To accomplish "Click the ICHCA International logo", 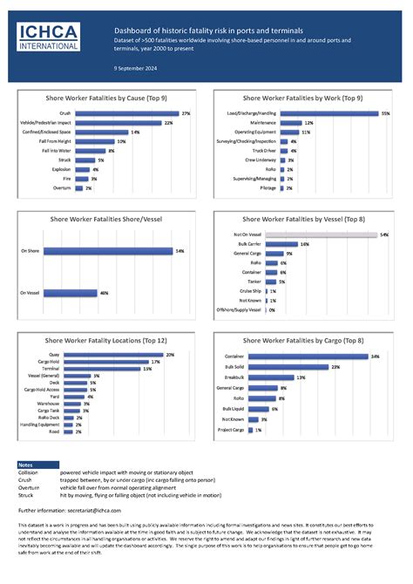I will click(52, 37).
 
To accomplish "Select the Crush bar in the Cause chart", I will click(125, 113).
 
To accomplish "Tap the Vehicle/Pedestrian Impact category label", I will click(46, 123).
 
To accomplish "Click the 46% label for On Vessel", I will click(104, 293).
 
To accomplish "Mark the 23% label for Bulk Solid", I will click(335, 367).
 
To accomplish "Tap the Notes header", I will click(26, 465).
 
